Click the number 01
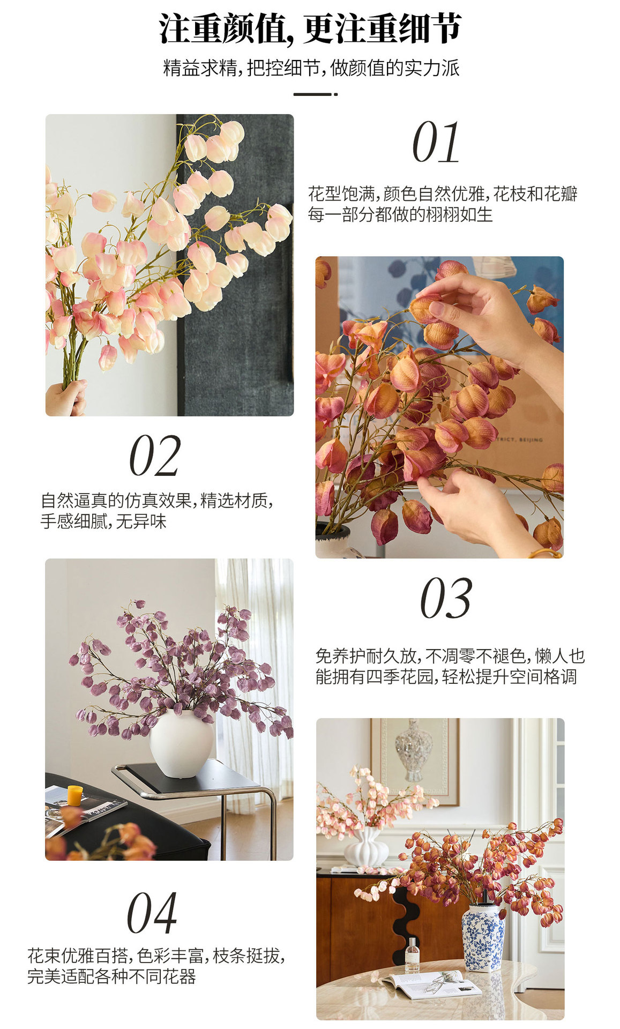[436, 142]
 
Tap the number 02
[155, 456]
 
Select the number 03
[446, 599]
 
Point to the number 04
[152, 914]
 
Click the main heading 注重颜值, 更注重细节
[310, 28]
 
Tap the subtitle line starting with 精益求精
[311, 68]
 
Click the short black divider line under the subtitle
[315, 94]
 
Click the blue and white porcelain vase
[483, 938]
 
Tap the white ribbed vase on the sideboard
[366, 847]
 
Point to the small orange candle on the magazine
[75, 795]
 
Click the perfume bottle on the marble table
[412, 955]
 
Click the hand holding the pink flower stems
[66, 398]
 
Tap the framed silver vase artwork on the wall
[414, 756]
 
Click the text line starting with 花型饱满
[442, 194]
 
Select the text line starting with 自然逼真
[156, 501]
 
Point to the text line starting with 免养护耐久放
[449, 656]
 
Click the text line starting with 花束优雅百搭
[155, 956]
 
